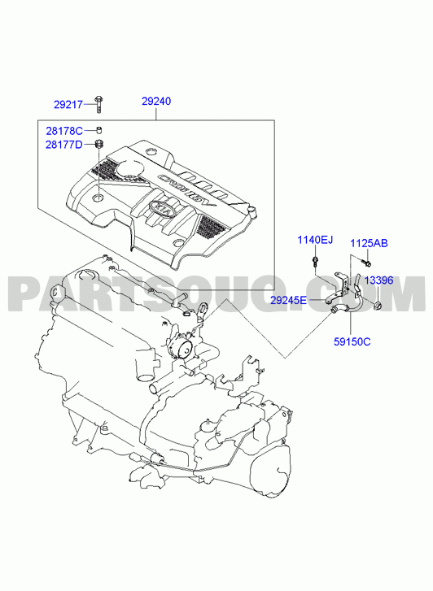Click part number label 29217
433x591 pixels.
68,105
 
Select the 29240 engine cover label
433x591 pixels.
156,102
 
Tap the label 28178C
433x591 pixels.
64,131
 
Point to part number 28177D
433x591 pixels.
63,145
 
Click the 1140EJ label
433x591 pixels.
315,239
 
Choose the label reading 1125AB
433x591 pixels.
369,244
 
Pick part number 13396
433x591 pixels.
379,280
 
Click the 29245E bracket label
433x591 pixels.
289,301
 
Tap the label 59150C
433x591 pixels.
352,342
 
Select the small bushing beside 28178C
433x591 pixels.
99,130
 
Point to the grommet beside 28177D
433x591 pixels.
99,144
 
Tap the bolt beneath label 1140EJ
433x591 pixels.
314,261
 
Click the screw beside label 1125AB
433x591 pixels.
365,261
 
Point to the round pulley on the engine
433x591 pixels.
185,350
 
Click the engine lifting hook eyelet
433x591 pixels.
203,310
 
